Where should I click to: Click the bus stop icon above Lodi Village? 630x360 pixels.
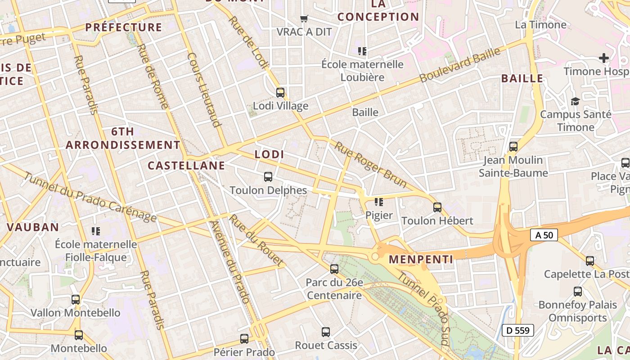[280, 93]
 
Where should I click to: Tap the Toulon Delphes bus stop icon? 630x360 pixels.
[268, 177]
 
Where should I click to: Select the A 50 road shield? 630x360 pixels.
[544, 235]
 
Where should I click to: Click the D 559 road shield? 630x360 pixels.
[517, 330]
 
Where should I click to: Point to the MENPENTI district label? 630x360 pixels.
[421, 260]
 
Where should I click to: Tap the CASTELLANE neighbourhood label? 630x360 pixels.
[186, 166]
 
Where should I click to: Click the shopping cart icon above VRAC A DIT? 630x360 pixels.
[304, 18]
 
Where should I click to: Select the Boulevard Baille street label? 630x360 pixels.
[459, 65]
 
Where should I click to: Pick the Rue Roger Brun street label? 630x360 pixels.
[371, 165]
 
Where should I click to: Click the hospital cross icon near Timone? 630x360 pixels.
[604, 58]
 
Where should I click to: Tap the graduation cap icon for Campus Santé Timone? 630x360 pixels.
[575, 101]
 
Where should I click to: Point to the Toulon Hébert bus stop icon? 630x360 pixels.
[437, 207]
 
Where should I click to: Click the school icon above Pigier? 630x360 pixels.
[379, 202]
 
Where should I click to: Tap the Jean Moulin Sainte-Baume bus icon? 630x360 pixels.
[513, 147]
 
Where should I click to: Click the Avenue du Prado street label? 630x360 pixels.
[230, 262]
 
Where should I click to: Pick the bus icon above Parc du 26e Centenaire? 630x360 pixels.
[334, 269]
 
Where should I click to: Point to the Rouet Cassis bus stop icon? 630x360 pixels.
[326, 332]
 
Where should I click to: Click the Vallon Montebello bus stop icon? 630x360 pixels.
[76, 299]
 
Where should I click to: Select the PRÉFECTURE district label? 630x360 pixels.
[124, 27]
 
